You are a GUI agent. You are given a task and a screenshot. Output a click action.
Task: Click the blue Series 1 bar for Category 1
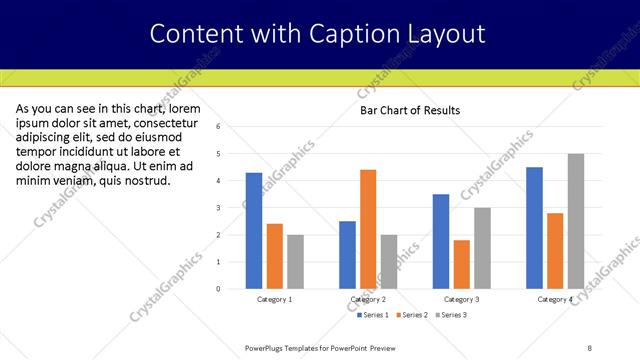click(254, 230)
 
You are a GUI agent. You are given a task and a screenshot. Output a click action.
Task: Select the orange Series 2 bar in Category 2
click(368, 229)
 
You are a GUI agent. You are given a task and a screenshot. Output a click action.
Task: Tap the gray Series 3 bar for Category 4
click(576, 221)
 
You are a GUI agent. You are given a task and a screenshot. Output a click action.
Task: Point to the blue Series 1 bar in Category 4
click(534, 227)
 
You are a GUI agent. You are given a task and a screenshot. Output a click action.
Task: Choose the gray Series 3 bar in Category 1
click(295, 261)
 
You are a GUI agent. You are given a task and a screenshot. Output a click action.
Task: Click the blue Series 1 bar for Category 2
click(347, 254)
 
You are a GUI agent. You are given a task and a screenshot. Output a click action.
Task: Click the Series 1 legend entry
click(374, 315)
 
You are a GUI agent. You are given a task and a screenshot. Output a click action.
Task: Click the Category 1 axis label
click(275, 299)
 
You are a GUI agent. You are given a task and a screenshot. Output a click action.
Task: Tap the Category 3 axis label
click(460, 299)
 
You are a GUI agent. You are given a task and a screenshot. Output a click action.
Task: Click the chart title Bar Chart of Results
click(410, 110)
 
